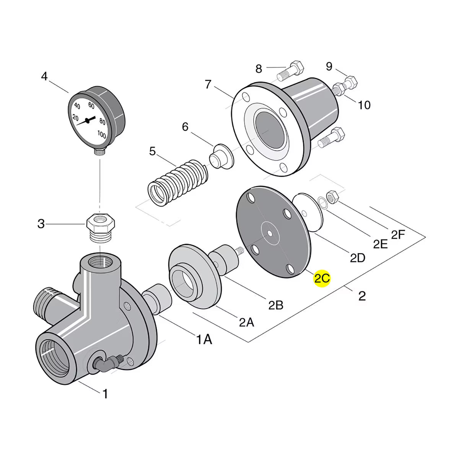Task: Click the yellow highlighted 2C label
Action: pos(322,278)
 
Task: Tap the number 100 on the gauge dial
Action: pos(102,134)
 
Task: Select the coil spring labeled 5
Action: pos(178,183)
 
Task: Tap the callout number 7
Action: pos(208,84)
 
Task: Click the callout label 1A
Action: pos(204,339)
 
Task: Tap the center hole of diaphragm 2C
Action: pos(270,233)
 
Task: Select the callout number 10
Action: pos(364,105)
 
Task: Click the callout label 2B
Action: pos(275,305)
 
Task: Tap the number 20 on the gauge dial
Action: pos(75,118)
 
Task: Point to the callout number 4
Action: pos(44,76)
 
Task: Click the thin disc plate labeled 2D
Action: pos(308,212)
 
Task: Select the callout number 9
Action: pos(329,66)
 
